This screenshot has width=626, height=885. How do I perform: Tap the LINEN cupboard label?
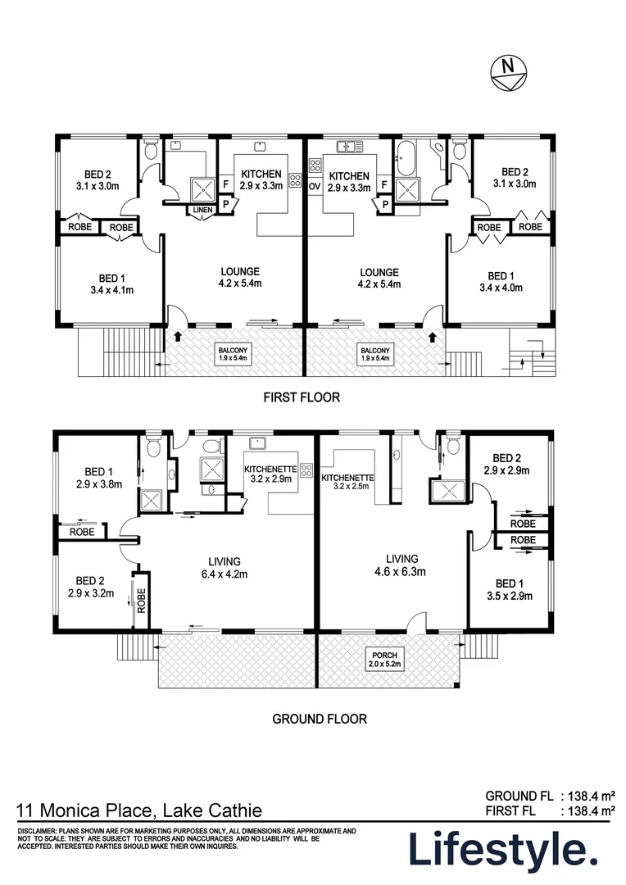(x=202, y=211)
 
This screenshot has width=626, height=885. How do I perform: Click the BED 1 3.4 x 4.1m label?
(x=102, y=284)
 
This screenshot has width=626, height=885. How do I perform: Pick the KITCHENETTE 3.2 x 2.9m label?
(x=270, y=474)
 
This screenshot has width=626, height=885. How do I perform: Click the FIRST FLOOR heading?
(x=302, y=397)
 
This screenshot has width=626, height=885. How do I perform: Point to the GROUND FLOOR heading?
(x=320, y=719)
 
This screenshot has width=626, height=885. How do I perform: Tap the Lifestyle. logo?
(x=503, y=851)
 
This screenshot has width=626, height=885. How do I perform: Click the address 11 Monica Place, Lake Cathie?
(x=140, y=810)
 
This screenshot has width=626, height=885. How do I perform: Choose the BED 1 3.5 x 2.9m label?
(x=509, y=590)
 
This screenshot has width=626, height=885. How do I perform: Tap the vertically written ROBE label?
(x=141, y=602)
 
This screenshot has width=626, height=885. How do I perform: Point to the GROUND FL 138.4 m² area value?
(x=587, y=795)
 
